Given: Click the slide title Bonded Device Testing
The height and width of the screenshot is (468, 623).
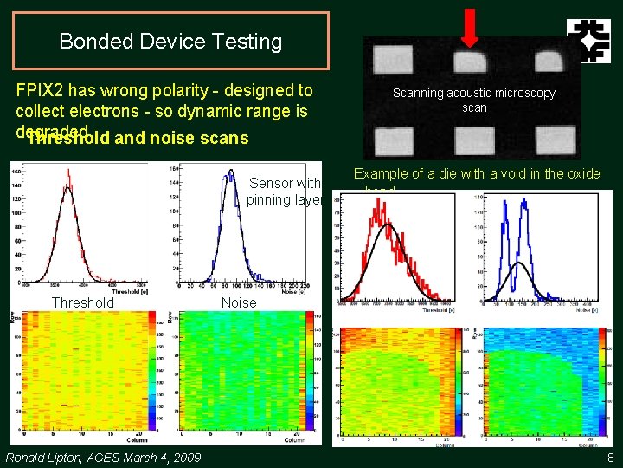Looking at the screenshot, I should tap(170, 41).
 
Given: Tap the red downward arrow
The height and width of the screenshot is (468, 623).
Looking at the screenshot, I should tap(468, 26).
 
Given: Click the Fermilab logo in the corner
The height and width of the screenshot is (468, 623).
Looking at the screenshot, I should tap(588, 41).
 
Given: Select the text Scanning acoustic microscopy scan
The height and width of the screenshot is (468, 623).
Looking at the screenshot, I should tap(474, 100).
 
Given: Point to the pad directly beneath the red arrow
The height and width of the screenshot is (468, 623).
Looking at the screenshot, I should tap(470, 60).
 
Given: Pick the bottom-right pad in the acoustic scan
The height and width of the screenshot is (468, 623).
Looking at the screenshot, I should tap(554, 139).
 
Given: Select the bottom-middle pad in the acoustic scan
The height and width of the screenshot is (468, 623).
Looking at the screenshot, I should tap(470, 139).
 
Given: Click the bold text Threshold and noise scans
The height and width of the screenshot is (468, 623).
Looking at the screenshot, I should tap(138, 138).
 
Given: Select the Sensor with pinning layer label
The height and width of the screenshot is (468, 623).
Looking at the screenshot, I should tap(284, 192).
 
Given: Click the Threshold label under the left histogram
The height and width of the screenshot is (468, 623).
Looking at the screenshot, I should tap(82, 302).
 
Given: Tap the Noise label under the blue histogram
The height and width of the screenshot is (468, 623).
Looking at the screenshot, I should tap(239, 302).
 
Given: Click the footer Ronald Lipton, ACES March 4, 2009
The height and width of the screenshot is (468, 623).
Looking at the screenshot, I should tap(103, 458).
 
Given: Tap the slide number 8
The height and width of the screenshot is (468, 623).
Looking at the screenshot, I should tap(610, 458).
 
